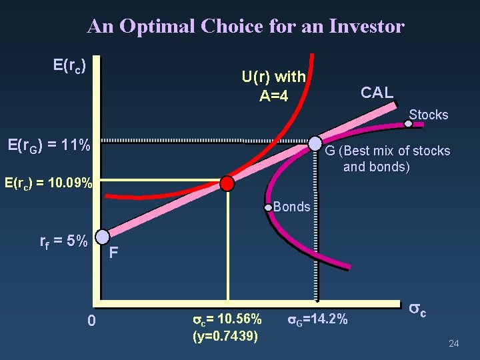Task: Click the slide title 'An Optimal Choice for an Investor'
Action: pos(245,26)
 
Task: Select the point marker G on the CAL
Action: pos(315,143)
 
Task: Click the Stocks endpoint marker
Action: pos(409,123)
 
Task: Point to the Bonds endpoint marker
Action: pos(269,207)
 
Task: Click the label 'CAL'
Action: pos(377,93)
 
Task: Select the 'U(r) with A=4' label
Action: pos(274,87)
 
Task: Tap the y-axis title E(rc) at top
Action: pos(69,65)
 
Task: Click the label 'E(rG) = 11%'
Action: pos(48,145)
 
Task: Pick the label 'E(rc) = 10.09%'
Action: pos(49,181)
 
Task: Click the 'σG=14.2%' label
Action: pos(317,319)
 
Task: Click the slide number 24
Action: pos(454,343)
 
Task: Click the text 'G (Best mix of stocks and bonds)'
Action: pos(387,159)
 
